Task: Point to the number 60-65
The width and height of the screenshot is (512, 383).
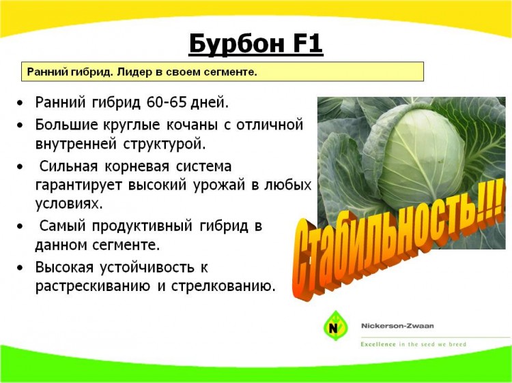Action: click(167, 102)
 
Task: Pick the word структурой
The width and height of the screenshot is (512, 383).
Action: click(165, 144)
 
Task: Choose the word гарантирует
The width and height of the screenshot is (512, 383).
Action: click(79, 185)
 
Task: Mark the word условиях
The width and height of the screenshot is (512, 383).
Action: click(68, 204)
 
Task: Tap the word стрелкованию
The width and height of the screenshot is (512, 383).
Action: click(221, 286)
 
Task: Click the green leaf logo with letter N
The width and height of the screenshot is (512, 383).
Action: click(335, 326)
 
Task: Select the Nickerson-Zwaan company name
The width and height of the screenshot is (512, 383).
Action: click(397, 326)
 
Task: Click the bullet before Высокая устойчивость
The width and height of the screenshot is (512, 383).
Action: click(20, 268)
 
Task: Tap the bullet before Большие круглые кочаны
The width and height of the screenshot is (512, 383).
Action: click(20, 125)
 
